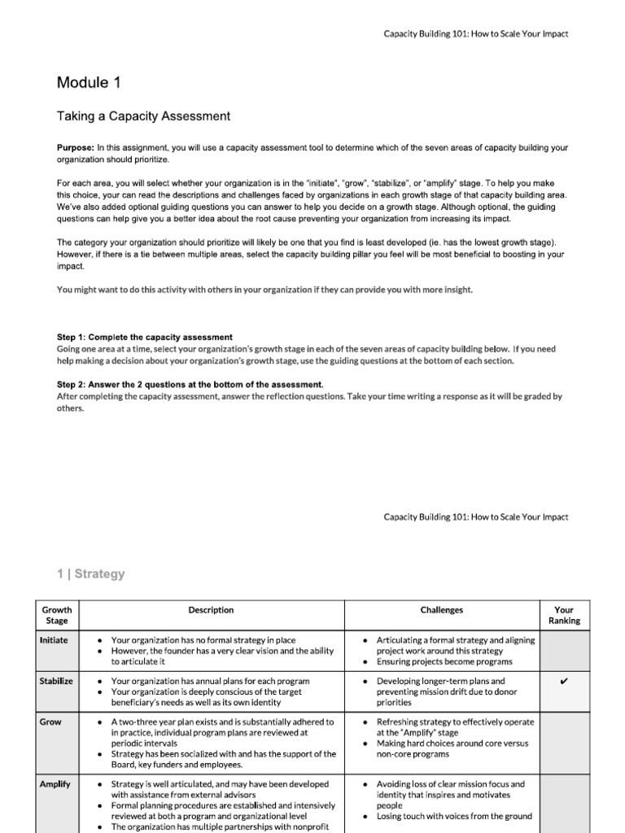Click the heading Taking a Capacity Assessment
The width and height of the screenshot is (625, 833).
coord(143,116)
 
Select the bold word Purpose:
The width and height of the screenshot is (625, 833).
coord(76,147)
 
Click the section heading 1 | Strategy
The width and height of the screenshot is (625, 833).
coord(91,574)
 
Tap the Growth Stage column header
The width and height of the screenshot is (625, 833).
coord(57,615)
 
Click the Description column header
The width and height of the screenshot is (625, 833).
coord(211,609)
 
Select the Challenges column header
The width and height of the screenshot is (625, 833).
coord(442,609)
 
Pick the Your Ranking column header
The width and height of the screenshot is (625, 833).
coord(564,615)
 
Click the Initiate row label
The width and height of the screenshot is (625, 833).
coord(54,640)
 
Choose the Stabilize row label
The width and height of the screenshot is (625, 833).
coord(56,681)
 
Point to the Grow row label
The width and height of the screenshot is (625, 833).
coord(50,722)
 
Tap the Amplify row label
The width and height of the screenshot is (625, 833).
coord(55,784)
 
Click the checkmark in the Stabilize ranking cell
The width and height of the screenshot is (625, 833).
coord(564,682)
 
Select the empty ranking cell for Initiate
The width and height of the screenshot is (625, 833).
coord(564,651)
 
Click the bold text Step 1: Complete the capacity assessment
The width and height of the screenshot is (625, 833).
coord(144,337)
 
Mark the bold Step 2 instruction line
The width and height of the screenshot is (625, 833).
coord(190,385)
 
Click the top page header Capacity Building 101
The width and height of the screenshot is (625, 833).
coord(475,33)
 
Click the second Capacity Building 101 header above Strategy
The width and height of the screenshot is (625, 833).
coord(475,517)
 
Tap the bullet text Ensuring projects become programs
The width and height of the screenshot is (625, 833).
coord(444,661)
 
